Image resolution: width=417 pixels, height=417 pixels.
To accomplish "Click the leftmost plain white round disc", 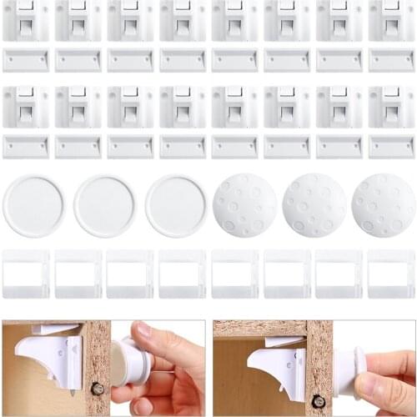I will pos(33,205).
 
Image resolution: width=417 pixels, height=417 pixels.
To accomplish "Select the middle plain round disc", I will pos(105,205).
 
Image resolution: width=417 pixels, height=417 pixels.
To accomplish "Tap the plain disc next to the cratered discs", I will pos(176,205).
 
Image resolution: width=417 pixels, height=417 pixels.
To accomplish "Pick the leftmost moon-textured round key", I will pos(244,205).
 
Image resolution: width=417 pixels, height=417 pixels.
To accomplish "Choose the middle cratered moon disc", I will pos(314,205).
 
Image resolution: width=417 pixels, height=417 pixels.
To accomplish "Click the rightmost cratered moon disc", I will pos(383,205).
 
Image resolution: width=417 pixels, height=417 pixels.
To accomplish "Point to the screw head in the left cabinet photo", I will pos(98,388).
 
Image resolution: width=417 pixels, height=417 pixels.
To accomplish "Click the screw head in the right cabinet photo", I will pos(318,401).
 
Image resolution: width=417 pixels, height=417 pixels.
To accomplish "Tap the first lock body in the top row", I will pos(25,21).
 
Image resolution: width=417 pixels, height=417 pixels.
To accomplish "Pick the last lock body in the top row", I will pos(391,21).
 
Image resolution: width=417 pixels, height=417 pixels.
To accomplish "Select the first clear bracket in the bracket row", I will pos(25,274).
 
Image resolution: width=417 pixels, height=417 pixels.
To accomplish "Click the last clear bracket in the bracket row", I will pos(391,274).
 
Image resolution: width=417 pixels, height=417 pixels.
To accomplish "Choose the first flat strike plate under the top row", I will pos(25,60).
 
